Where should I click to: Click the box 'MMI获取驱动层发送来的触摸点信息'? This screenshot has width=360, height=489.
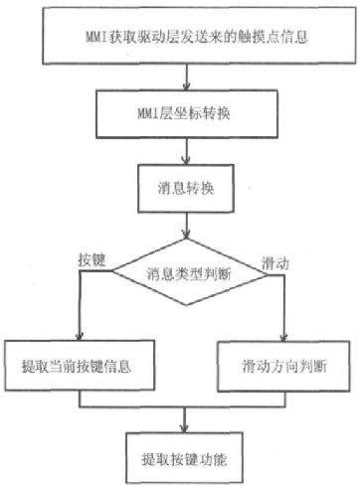(x=199, y=36)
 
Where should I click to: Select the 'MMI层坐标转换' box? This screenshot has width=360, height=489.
(x=187, y=114)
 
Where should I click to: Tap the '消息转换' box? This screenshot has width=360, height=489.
(x=186, y=189)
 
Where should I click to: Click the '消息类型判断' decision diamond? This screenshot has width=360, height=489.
(x=189, y=272)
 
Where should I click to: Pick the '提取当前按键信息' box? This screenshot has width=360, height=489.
(x=80, y=366)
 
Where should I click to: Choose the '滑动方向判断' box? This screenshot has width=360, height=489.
(x=283, y=366)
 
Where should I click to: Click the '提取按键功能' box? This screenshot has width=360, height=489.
(x=184, y=458)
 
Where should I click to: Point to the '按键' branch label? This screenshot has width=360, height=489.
(x=91, y=260)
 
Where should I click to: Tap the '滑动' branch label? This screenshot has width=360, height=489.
(x=275, y=263)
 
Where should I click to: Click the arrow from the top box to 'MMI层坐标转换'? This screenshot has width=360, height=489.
(x=187, y=77)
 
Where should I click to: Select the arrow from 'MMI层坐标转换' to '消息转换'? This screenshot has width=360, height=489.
(x=187, y=151)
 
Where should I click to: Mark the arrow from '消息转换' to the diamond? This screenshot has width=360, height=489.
(x=187, y=226)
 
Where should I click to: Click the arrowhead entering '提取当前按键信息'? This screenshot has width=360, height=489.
(x=79, y=336)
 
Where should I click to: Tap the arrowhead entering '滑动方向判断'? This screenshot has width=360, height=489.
(x=283, y=337)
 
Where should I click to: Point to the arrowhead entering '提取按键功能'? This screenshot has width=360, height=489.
(x=184, y=427)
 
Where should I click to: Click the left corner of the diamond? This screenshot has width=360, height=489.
(x=112, y=271)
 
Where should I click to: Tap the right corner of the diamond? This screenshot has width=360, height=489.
(x=268, y=274)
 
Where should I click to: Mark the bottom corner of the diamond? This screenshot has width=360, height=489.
(x=187, y=305)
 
